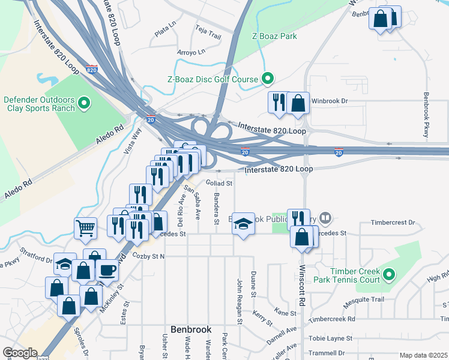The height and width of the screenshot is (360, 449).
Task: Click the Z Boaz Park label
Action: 274,37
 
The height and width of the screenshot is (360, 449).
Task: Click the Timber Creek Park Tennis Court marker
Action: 389,275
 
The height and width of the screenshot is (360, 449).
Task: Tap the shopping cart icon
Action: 85,227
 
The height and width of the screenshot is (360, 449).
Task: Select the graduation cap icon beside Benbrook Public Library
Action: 243,223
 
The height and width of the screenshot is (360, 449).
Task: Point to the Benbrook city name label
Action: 191,329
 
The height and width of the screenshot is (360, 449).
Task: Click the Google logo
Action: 19,353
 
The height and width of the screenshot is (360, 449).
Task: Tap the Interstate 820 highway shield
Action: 92,70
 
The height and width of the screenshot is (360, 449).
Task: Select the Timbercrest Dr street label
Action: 393,222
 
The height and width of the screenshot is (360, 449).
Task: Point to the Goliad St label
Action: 219,183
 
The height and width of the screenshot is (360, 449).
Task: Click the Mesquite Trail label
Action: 364,299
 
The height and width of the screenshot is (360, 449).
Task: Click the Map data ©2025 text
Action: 423,355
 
